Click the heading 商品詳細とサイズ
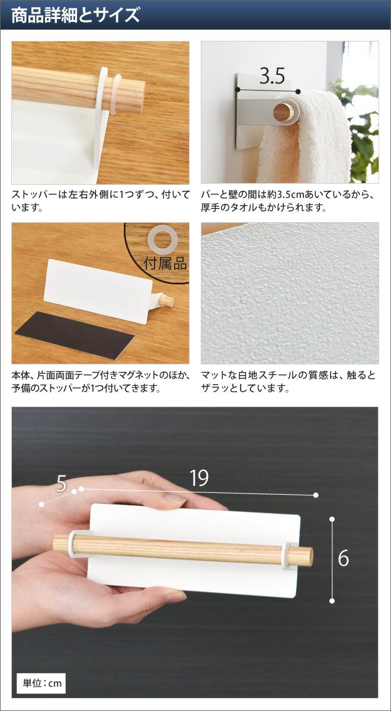[76, 15]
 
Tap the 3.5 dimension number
[272, 76]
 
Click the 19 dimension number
[199, 478]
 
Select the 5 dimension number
[61, 483]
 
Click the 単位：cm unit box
[41, 680]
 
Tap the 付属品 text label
[165, 263]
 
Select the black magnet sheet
[75, 335]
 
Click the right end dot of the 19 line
[315, 495]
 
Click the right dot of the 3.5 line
[297, 92]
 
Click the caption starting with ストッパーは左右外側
[101, 201]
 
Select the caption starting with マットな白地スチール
[288, 381]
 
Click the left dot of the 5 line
[41, 504]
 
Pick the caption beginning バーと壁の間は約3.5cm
[288, 201]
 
